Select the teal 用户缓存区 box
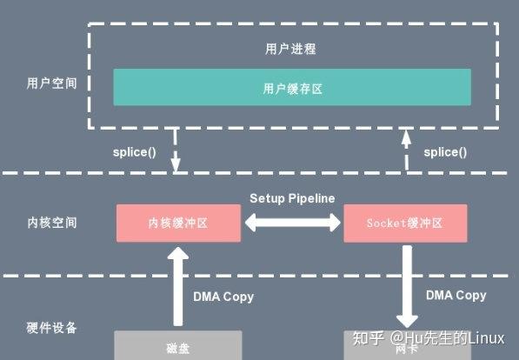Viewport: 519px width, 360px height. pos(292,87)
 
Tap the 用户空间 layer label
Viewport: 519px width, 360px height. pos(51,84)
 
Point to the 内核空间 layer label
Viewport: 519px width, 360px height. pos(51,223)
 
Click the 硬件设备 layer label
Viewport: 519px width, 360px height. pos(51,328)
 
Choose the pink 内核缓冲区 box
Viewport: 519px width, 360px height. pos(178,223)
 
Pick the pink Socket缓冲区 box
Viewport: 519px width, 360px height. pos(405,223)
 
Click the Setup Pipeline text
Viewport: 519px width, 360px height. pos(292,198)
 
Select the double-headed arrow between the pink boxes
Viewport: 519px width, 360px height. pos(292,223)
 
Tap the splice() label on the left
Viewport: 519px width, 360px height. pos(135,151)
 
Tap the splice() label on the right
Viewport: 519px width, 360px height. pos(444,151)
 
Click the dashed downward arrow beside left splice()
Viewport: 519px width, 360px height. pos(177,150)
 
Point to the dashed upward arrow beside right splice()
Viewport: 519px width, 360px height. pos(405,150)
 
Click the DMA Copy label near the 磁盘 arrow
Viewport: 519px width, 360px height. pos(223,297)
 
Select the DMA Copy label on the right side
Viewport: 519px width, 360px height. pos(456,296)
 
